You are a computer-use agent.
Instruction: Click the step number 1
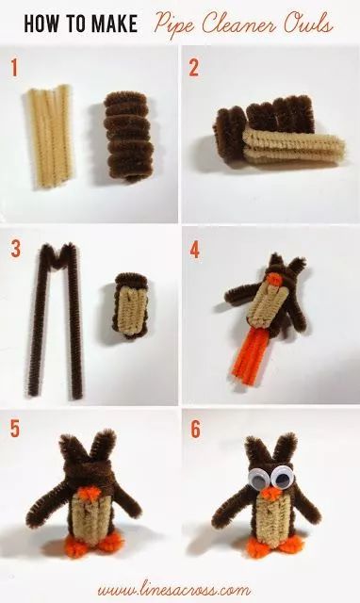(14, 68)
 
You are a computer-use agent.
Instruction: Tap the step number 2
(194, 68)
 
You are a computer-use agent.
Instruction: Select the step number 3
(15, 249)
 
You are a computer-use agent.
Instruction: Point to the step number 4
(195, 251)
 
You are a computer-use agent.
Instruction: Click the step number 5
(15, 428)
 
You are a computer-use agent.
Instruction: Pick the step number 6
(195, 430)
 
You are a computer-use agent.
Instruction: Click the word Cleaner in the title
(239, 24)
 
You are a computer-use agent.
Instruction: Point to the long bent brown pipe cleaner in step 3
(56, 320)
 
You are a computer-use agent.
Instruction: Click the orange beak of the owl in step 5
(90, 493)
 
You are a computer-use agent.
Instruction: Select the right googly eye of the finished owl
(282, 478)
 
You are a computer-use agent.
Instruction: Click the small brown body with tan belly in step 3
(132, 305)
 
